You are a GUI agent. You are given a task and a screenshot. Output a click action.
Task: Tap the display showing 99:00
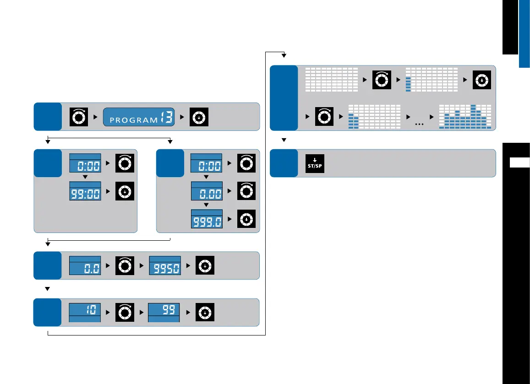pos(85,191)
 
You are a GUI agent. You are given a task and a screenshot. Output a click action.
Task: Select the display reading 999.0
pos(207,219)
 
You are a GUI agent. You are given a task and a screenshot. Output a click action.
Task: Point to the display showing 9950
pos(164,265)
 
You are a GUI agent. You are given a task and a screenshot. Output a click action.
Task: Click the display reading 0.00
pos(207,191)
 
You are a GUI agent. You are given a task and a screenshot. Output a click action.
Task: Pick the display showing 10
pos(85,312)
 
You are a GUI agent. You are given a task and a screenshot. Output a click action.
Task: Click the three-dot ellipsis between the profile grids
pos(419,124)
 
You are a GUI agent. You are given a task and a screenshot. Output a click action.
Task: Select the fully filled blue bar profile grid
pos(465,117)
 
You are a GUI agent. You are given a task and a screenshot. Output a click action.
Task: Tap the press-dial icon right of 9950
pos(205,265)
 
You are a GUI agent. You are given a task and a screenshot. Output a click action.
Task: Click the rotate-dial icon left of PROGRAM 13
pos(78,117)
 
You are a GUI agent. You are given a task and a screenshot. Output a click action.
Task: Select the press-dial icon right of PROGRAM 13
pos(199,117)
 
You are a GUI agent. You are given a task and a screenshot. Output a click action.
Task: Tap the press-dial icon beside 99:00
pos(125,191)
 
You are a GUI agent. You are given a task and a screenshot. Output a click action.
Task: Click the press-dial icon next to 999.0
pos(246,219)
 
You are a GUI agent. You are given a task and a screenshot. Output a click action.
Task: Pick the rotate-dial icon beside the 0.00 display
pos(246,191)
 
